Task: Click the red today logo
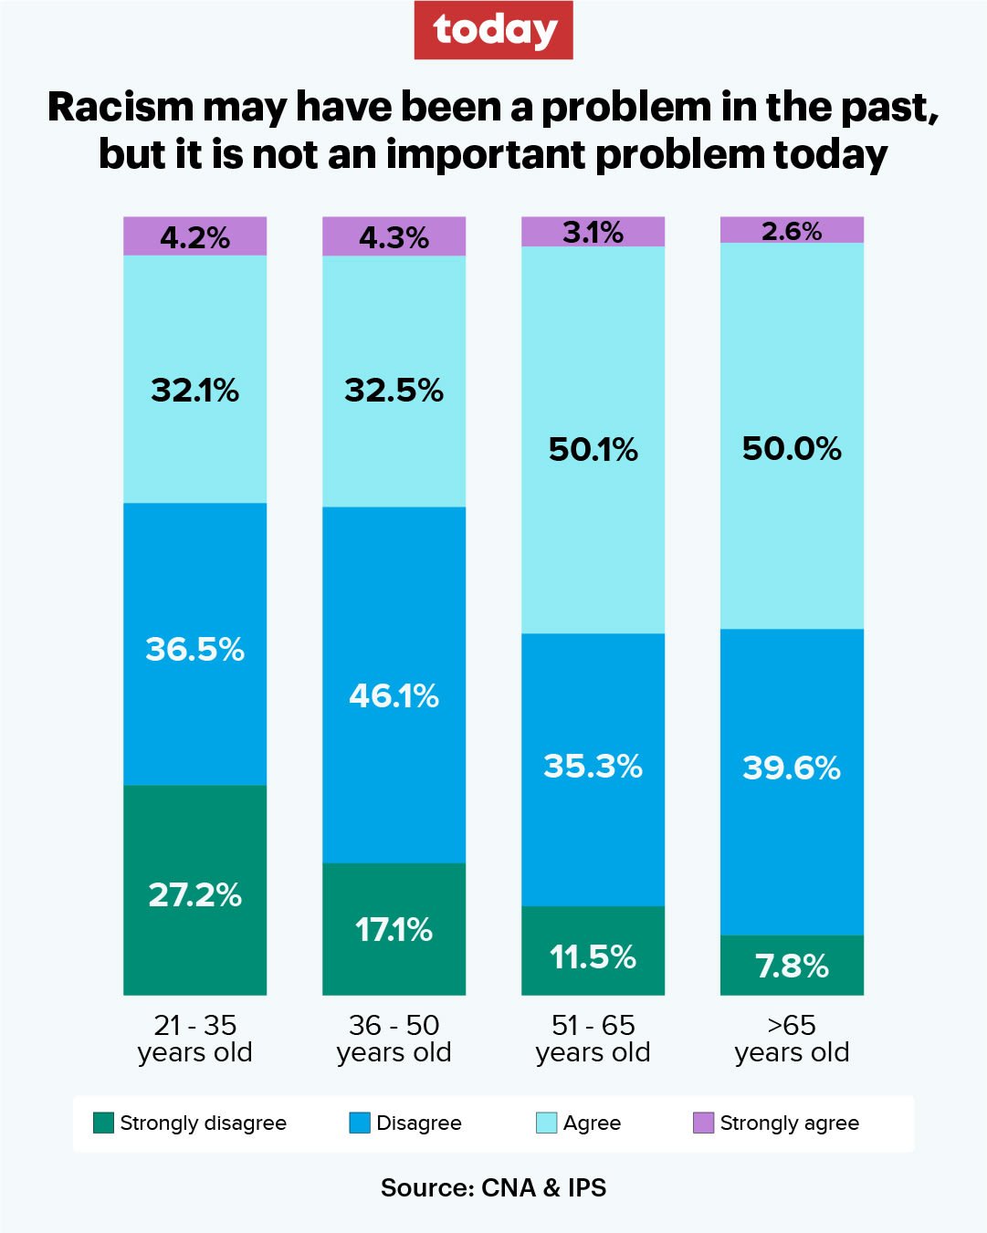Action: pos(493,30)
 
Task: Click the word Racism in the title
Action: pos(122,107)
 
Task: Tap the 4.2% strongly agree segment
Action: pos(194,236)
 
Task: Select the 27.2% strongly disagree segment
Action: pos(194,890)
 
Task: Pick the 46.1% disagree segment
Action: pos(394,684)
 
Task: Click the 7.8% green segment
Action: pos(792,965)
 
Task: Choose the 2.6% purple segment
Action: pos(792,230)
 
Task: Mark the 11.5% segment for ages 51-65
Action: pos(593,951)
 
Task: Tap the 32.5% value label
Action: pos(394,391)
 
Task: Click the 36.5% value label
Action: pos(194,650)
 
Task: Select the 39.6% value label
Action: pos(792,768)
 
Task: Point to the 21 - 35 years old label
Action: pos(194,1039)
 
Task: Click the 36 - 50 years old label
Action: pos(394,1039)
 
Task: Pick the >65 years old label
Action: pos(792,1039)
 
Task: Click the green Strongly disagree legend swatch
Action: pos(103,1123)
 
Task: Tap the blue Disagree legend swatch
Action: pos(360,1123)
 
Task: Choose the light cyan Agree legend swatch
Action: pos(546,1123)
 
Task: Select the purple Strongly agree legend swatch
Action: pos(703,1123)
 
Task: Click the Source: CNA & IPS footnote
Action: pos(493,1187)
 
